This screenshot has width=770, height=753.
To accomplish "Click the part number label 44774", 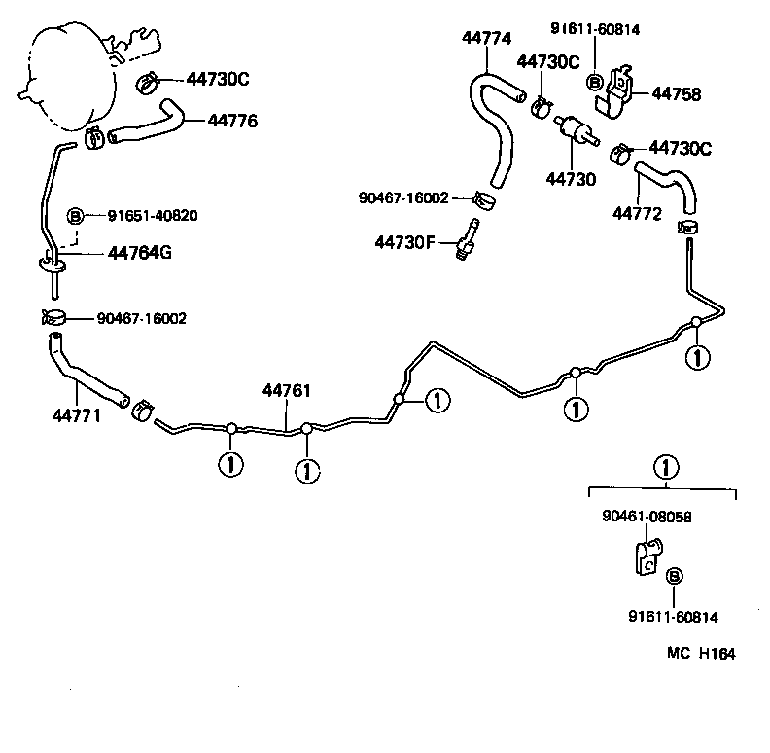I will pos(486,39).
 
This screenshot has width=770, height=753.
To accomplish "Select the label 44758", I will pos(676,94).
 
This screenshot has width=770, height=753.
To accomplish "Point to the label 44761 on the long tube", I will pos(286,391).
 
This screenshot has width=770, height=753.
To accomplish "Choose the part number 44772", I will pos(637,212).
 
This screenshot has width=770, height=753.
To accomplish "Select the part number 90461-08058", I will pos(647,519).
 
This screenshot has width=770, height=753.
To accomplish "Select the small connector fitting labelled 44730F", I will pos(467,239).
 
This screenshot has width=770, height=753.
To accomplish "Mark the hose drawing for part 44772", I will pos(669,185).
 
